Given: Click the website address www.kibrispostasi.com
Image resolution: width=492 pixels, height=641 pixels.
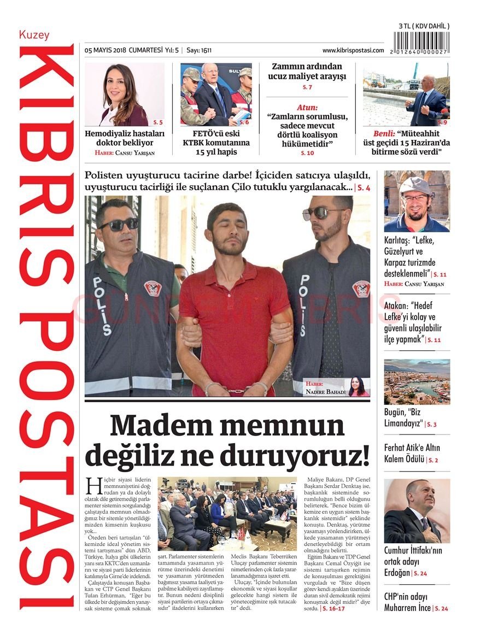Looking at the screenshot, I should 353,50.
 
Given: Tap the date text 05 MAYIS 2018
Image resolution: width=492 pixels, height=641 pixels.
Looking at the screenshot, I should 106,50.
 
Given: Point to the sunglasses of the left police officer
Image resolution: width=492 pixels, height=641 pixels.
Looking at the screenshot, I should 118,224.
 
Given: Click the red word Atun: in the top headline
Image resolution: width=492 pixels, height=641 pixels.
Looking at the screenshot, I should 307,108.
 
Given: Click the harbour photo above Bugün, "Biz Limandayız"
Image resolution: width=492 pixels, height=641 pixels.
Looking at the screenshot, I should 417,381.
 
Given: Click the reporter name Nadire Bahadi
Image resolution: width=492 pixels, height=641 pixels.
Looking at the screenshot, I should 326,392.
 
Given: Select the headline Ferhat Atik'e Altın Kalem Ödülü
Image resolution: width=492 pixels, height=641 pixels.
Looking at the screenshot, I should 412,454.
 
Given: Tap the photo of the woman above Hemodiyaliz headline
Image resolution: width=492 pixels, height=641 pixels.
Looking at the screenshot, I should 124,94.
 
